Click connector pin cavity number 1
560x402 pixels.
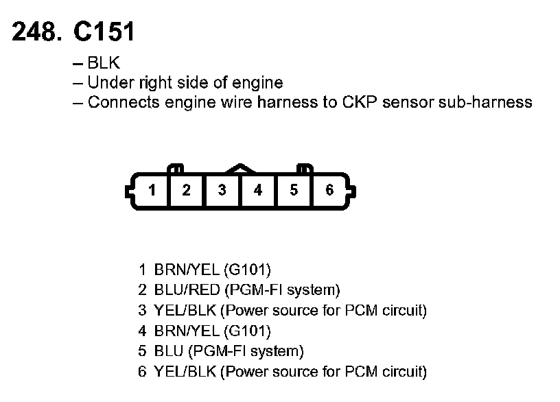pyautogui.click(x=152, y=191)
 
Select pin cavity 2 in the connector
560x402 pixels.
pyautogui.click(x=186, y=191)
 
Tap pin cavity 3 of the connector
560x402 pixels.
pyautogui.click(x=222, y=191)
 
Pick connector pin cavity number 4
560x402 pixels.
pyautogui.click(x=258, y=191)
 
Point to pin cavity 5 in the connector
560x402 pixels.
pyautogui.click(x=294, y=191)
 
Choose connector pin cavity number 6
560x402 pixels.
pyautogui.click(x=329, y=191)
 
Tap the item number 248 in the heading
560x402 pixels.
pyautogui.click(x=34, y=32)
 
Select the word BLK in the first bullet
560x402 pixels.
pyautogui.click(x=104, y=64)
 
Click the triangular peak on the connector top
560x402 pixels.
pyautogui.click(x=240, y=167)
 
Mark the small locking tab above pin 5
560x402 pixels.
pyautogui.click(x=303, y=167)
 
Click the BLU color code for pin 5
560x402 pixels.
pyautogui.click(x=168, y=352)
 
